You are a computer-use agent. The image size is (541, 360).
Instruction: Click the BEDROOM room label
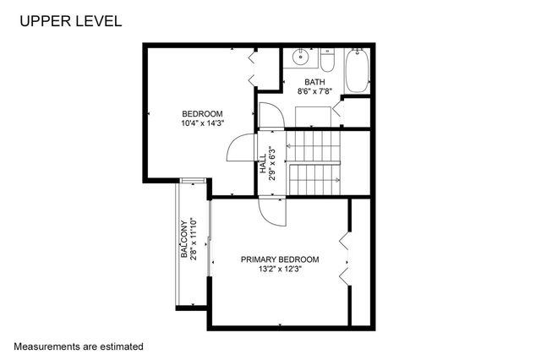click(x=202, y=114)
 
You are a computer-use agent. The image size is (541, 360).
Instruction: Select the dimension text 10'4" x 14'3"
click(x=202, y=123)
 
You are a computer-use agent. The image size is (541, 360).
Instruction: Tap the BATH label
click(x=314, y=81)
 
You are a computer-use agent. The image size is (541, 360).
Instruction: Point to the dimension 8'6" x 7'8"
click(x=314, y=90)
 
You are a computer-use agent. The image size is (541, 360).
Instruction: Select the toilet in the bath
click(x=329, y=61)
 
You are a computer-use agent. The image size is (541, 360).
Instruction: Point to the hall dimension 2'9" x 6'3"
click(x=272, y=164)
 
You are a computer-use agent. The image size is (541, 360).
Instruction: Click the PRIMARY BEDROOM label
click(x=280, y=259)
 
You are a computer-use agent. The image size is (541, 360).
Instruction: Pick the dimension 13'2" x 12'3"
click(x=280, y=270)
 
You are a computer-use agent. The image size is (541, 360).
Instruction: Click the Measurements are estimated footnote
click(x=79, y=346)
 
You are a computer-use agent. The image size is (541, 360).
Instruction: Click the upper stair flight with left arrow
click(x=314, y=146)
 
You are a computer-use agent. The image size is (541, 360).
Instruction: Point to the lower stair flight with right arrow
click(x=314, y=178)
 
